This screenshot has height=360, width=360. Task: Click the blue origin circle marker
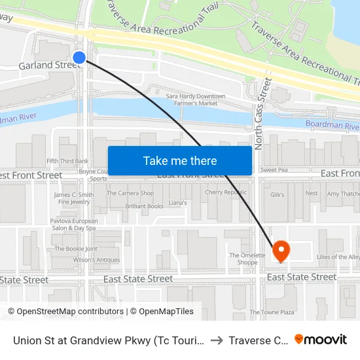[79, 58]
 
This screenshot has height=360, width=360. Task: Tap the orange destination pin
[281, 250]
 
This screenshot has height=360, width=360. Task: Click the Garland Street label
[48, 65]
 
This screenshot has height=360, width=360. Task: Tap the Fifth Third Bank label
[67, 161]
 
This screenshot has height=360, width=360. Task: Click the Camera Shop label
[130, 193]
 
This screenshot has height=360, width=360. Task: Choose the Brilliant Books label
[145, 206]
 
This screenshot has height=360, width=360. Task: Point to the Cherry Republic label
[226, 193]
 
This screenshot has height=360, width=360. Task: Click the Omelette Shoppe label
[247, 259]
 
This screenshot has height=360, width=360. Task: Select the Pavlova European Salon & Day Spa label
[74, 225]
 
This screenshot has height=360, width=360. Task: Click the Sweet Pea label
[274, 170]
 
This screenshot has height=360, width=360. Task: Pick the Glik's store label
[278, 194]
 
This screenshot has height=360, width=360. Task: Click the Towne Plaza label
[272, 312]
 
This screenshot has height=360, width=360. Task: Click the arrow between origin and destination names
[216, 340]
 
